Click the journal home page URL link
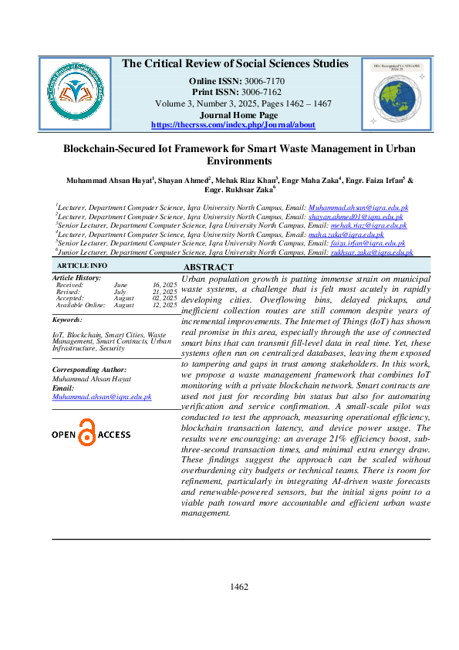[x=233, y=124]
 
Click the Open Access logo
[x=91, y=434]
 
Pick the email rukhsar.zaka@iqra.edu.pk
[x=371, y=252]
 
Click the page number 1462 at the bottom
[x=239, y=587]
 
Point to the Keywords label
[x=67, y=319]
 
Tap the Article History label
[x=76, y=277]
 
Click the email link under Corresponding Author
[x=102, y=396]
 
